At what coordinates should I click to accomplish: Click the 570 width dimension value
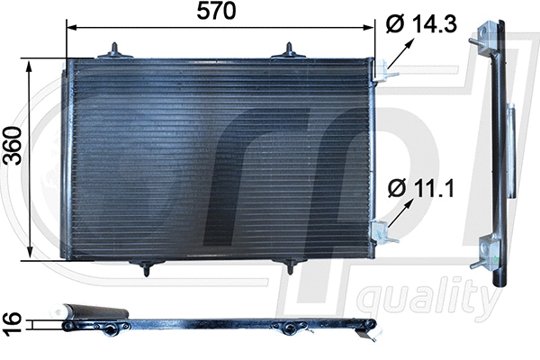point(216,13)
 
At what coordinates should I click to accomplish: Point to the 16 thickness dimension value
point(13,321)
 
